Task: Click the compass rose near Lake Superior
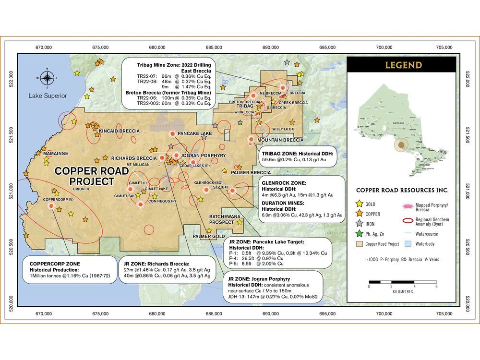click(x=47, y=77)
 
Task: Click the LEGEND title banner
click(x=401, y=65)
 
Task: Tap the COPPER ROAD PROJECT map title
click(x=84, y=176)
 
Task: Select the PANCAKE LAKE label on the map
click(x=194, y=133)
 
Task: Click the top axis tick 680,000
click(x=157, y=48)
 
